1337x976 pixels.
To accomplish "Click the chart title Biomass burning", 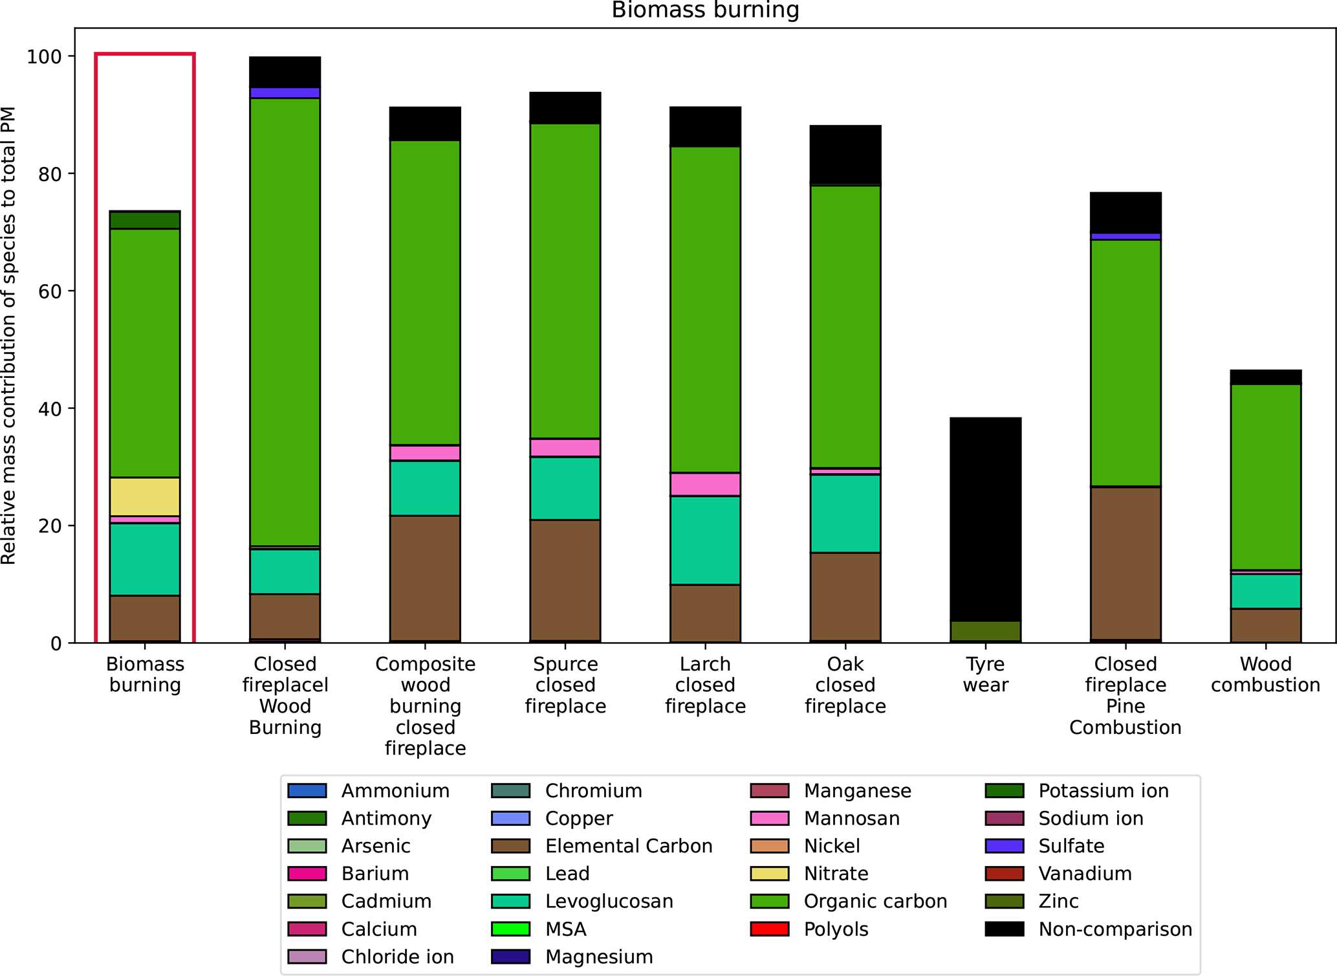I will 705,10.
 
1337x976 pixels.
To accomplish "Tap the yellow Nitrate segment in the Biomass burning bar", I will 145,496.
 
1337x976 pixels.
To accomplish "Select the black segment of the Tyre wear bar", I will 985,518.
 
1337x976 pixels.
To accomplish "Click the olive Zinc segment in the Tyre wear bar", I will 985,631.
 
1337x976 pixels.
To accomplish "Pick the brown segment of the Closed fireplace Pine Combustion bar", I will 1125,563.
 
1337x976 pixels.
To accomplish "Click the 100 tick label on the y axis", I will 44,57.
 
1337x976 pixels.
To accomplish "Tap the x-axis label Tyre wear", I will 985,674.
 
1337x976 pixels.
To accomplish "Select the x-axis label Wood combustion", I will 1265,674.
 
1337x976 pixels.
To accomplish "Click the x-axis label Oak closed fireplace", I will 845,685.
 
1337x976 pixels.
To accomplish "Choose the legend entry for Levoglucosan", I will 609,901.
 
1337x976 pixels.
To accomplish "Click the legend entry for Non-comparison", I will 1114,929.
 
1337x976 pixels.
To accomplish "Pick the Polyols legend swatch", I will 769,929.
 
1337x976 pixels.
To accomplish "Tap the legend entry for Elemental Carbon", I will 628,846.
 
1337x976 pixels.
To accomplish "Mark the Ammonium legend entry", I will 395,790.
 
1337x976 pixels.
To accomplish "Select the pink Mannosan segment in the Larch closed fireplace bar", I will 705,484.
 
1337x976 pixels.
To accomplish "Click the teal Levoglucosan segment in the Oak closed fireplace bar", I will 845,513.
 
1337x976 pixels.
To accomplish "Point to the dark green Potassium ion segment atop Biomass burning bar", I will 145,220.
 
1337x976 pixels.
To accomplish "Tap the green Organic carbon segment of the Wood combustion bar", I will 1265,477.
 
